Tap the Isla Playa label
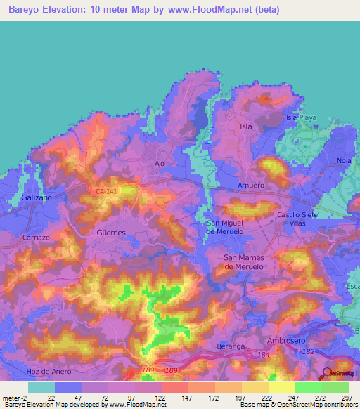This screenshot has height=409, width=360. [x=301, y=117]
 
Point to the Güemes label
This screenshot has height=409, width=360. [x=110, y=233]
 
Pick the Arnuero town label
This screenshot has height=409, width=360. [x=251, y=186]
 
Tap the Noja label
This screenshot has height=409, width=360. [x=344, y=160]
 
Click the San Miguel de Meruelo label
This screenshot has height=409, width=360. [x=224, y=227]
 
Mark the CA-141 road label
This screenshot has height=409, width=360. [x=106, y=190]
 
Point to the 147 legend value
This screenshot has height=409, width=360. [x=174, y=398]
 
